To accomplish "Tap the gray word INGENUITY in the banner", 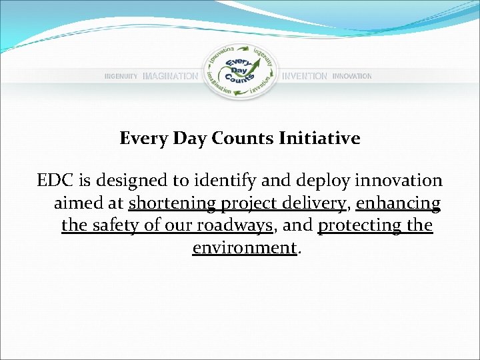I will point(121,77).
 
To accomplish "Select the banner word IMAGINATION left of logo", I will point(171,77).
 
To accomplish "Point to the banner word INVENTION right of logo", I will point(305,77).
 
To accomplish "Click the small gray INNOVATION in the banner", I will point(352,77).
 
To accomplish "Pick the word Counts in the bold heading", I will point(243,138).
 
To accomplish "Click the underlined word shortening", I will point(170,203).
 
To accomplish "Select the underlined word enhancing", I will point(399,203).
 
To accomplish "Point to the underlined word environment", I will point(243,248).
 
